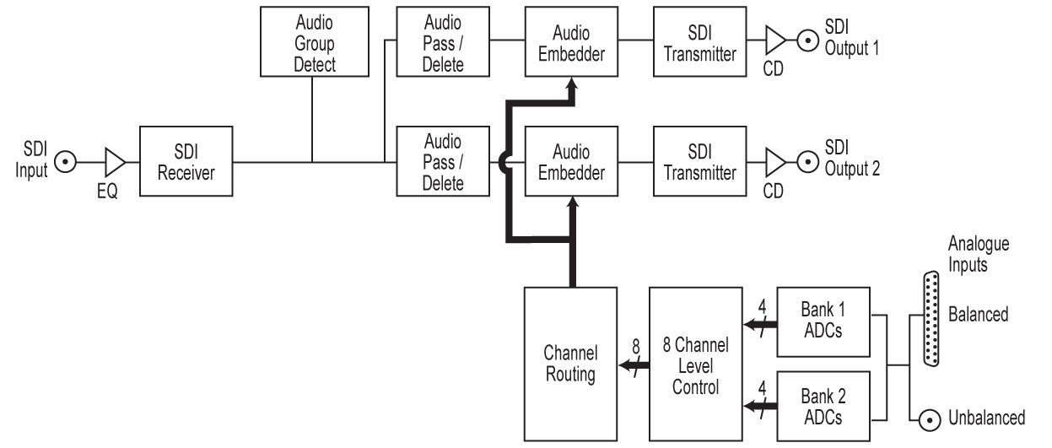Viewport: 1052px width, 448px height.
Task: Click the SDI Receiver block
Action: pos(186,162)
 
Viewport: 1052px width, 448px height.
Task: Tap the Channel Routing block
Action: pos(570,364)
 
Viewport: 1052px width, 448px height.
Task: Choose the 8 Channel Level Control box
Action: pos(696,364)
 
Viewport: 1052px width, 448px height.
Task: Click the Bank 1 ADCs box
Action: pos(823,321)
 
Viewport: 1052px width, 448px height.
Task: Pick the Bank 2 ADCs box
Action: pos(823,405)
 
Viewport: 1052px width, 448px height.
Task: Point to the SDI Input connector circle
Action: pos(66,161)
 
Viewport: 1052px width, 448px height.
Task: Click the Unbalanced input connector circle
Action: pos(931,417)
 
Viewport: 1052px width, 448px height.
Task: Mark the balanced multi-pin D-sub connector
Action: pos(931,319)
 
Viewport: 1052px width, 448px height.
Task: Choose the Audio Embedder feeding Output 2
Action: pos(570,162)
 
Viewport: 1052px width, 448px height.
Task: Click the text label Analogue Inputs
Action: pos(979,253)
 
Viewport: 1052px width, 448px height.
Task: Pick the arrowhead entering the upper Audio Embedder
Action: pos(571,87)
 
